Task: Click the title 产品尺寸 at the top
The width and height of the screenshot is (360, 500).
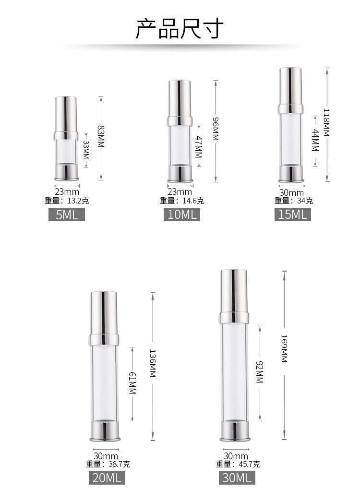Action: [180, 28]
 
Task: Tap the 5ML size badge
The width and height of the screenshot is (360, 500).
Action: [67, 214]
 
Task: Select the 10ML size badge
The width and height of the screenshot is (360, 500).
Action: [182, 214]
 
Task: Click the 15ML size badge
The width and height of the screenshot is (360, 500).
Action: [292, 214]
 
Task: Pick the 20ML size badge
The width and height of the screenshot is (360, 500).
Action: [107, 477]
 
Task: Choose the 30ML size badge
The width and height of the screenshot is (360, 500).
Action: [237, 477]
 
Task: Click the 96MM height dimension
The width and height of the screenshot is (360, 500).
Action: [216, 129]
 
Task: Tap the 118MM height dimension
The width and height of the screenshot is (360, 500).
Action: [327, 122]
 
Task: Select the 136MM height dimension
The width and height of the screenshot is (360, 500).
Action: [153, 364]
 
